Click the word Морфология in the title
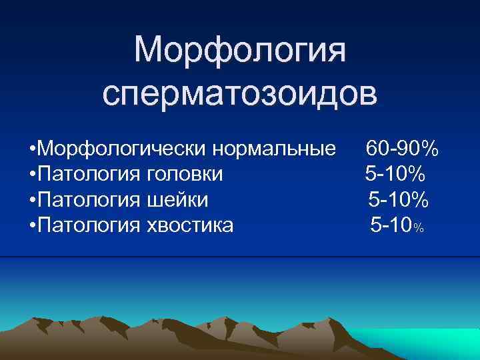240,52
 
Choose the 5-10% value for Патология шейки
399,199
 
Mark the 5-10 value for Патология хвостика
391,225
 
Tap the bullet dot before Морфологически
33,148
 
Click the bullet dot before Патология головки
33,174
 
